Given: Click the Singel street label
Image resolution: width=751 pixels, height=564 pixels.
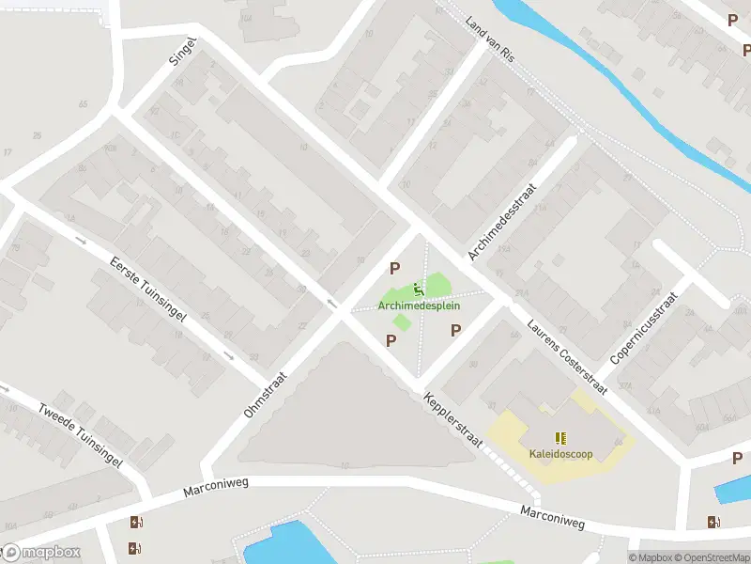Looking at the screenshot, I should [x=182, y=54].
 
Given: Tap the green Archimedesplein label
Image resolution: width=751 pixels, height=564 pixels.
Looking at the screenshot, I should [x=420, y=305].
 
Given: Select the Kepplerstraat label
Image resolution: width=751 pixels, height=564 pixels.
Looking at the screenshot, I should [x=452, y=420].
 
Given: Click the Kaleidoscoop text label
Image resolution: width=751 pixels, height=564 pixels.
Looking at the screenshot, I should [x=559, y=454].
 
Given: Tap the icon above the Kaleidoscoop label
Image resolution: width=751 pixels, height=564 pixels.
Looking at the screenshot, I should [x=560, y=438].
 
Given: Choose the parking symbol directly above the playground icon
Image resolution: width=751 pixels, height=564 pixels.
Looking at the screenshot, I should [x=395, y=268].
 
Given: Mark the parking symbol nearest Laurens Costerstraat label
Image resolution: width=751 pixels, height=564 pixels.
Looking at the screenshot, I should [x=456, y=330].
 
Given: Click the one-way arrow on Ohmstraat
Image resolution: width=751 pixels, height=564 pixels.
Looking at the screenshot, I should [x=331, y=303].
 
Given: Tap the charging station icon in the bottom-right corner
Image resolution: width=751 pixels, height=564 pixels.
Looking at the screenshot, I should [x=715, y=522].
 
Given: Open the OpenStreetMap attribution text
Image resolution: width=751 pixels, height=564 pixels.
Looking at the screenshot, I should [x=710, y=557].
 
